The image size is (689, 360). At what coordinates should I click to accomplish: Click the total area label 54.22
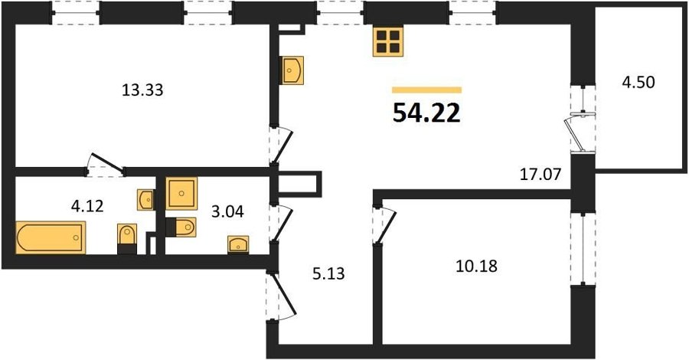[426, 113]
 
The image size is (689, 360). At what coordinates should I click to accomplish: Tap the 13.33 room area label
[142, 90]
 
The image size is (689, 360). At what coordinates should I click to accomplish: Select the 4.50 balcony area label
[638, 82]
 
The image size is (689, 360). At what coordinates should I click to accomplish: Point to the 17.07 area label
[540, 175]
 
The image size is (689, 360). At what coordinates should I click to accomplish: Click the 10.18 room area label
[476, 266]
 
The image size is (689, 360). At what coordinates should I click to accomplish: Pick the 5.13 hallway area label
[328, 274]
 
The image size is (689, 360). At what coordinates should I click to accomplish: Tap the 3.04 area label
[227, 212]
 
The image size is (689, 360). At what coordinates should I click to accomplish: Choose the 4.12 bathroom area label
[87, 205]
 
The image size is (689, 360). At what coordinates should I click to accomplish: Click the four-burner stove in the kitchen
[388, 41]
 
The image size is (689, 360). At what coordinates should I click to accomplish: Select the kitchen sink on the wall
[292, 70]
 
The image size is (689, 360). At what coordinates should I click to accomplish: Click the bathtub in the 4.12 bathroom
[51, 237]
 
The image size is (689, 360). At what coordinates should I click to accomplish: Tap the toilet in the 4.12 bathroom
[127, 239]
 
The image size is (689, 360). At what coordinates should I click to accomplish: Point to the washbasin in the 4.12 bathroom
[145, 200]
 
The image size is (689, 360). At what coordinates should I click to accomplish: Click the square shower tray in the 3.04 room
[181, 194]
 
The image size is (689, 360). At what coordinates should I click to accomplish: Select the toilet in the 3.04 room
[181, 227]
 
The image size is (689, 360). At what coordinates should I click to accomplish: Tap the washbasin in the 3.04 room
[238, 244]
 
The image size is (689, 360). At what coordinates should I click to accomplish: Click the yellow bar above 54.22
[426, 90]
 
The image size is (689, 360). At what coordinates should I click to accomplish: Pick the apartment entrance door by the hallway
[281, 296]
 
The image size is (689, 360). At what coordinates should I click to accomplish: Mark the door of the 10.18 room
[384, 225]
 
